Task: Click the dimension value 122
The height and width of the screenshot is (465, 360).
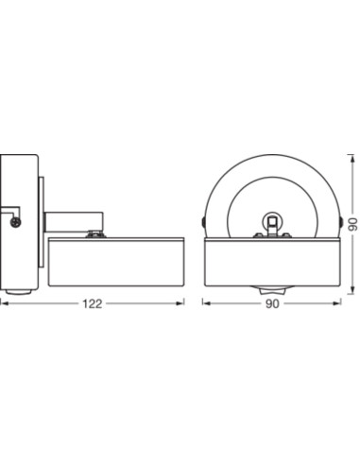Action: pyautogui.click(x=93, y=304)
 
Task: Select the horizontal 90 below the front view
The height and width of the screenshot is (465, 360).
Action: pyautogui.click(x=272, y=304)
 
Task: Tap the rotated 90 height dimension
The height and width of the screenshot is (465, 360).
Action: pyautogui.click(x=354, y=224)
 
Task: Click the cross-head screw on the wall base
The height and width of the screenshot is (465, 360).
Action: pyautogui.click(x=15, y=222)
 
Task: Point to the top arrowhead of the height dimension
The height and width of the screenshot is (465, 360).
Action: pyautogui.click(x=351, y=159)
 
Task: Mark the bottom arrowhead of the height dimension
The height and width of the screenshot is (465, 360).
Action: pyautogui.click(x=351, y=290)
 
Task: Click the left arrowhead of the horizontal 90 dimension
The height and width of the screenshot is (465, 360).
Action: pyautogui.click(x=206, y=303)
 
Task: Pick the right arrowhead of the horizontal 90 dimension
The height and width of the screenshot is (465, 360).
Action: pyautogui.click(x=337, y=303)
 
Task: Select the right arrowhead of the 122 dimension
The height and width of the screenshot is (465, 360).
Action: pyautogui.click(x=180, y=303)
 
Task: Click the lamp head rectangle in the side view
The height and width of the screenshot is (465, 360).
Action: pyautogui.click(x=116, y=262)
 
